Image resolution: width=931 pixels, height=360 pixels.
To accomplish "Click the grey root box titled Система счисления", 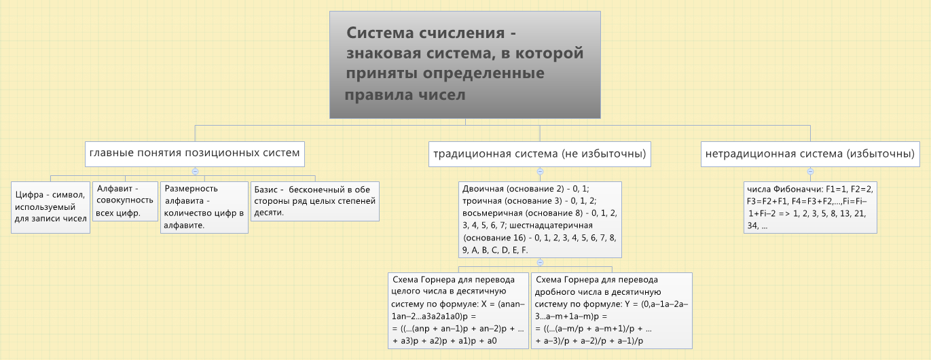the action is [465, 65].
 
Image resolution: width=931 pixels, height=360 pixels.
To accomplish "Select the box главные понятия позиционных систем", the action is [195, 154].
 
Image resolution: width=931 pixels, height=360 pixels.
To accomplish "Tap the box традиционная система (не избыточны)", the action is [540, 154].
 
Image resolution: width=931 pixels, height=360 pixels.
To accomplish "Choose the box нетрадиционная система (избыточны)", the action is [811, 154].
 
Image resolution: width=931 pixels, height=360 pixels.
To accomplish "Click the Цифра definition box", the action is [51, 207].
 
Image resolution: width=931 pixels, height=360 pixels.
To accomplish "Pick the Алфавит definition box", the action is [125, 201].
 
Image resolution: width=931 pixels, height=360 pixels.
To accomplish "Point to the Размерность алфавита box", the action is [204, 207].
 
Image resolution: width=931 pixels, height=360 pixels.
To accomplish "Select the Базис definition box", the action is [315, 201].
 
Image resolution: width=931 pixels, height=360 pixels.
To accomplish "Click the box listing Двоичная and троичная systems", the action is [541, 219].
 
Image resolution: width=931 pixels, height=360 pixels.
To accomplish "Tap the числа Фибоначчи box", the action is [811, 207].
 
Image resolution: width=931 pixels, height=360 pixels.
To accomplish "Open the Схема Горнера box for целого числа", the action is [458, 310].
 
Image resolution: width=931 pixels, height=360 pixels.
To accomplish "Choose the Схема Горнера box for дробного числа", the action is [612, 310].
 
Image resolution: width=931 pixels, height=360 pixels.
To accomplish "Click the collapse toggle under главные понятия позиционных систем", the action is [195, 171].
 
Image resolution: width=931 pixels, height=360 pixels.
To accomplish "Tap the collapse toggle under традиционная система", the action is [540, 171].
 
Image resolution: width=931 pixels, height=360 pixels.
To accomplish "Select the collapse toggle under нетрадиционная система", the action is [810, 171].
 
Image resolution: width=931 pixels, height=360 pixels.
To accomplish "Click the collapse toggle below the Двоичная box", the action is [540, 262].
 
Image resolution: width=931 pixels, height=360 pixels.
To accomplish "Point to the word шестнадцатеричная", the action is [551, 226].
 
